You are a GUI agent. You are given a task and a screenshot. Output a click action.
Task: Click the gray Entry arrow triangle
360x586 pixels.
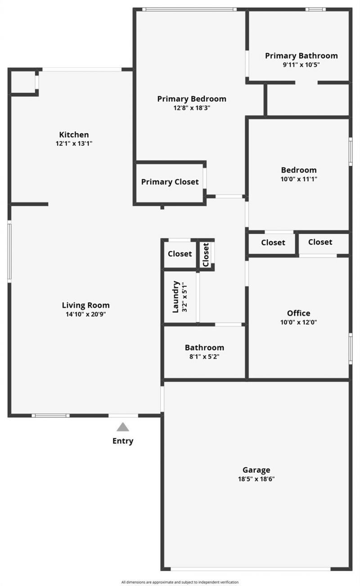click(x=123, y=427)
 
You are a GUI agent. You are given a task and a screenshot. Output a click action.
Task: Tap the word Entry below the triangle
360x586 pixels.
click(x=123, y=441)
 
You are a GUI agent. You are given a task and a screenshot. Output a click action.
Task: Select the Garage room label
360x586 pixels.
click(x=256, y=470)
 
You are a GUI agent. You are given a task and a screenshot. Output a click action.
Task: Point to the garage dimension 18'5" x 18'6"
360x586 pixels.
click(x=256, y=479)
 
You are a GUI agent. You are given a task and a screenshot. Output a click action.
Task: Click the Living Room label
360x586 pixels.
click(x=85, y=305)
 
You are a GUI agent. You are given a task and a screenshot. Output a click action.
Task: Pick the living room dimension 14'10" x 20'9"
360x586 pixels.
click(x=85, y=314)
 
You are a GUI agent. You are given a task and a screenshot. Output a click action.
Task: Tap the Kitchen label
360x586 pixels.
click(x=74, y=134)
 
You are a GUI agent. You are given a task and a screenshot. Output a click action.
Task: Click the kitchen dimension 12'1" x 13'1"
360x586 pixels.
click(x=74, y=144)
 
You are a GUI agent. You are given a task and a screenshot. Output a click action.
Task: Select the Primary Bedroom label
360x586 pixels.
click(x=192, y=98)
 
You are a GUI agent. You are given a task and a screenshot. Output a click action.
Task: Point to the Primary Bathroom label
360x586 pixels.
click(x=301, y=56)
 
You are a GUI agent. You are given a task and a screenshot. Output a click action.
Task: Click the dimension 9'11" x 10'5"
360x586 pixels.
click(x=301, y=65)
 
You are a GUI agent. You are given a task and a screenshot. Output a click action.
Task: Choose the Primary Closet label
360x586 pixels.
click(x=170, y=182)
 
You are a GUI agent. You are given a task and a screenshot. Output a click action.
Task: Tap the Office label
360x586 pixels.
click(x=299, y=313)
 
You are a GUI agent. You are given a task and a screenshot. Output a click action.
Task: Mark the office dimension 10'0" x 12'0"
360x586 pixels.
click(x=299, y=322)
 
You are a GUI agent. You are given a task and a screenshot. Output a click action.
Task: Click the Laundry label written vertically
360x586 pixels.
click(x=176, y=297)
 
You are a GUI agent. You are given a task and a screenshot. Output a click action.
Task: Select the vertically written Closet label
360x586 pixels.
click(x=206, y=255)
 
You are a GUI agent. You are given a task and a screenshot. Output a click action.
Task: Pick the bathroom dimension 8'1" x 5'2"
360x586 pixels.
click(x=204, y=357)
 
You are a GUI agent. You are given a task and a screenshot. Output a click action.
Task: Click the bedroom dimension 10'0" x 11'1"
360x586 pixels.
click(x=299, y=179)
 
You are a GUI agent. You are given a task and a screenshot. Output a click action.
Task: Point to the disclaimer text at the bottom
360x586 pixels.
click(x=180, y=582)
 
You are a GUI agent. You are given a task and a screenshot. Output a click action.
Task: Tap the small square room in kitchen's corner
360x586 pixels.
click(x=22, y=82)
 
